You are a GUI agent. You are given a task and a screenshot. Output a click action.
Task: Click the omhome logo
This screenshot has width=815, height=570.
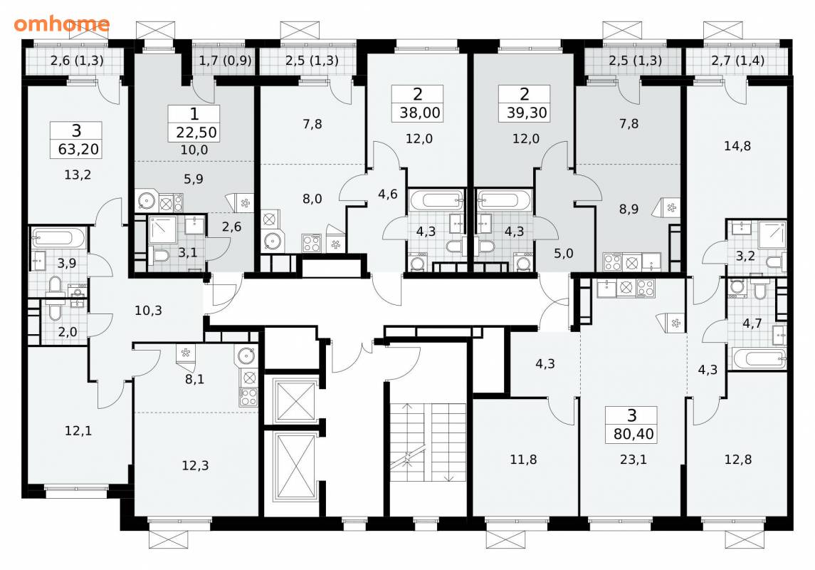point(62,24)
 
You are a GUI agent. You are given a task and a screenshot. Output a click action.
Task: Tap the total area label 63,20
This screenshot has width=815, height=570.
point(78,150)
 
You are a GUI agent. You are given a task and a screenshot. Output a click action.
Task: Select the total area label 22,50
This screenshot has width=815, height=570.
point(196,132)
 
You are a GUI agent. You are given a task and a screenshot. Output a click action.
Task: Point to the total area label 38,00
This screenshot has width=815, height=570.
point(420,113)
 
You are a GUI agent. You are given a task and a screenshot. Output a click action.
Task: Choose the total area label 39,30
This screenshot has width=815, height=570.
point(527,113)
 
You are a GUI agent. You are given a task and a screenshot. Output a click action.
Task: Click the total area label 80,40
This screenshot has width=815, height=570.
point(633,434)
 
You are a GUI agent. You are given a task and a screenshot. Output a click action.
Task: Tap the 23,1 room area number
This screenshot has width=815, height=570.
point(633,460)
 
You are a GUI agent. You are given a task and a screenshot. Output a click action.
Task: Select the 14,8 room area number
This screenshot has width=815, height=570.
point(737,146)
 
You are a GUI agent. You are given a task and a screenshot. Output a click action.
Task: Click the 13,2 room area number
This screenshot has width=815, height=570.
point(78,175)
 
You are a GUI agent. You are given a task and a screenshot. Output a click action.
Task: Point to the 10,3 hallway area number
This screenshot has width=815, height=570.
point(148,311)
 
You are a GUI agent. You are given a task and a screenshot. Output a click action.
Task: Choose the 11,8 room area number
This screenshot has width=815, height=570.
point(523,460)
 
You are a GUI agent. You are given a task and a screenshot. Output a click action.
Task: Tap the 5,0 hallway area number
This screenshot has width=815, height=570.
point(563,253)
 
